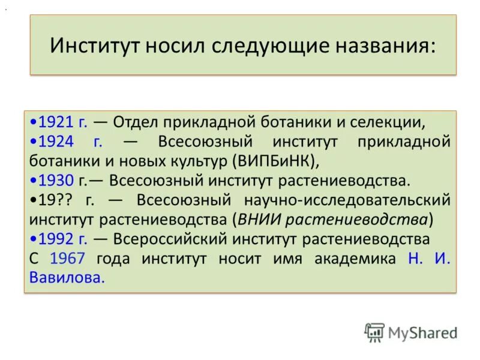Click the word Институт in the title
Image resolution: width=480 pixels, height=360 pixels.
pos(90,46)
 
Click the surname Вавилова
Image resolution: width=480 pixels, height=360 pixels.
pos(67,277)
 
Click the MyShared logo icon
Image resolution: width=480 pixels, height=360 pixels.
pos(374,332)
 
